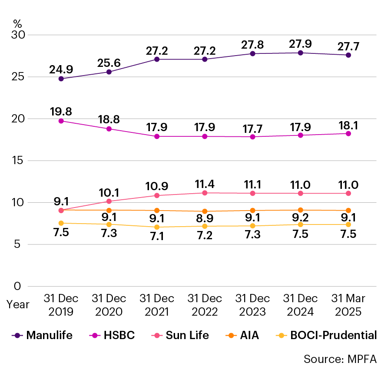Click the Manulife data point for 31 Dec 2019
[x=61, y=79]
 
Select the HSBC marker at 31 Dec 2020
[x=109, y=129]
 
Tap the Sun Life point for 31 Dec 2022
[x=205, y=193]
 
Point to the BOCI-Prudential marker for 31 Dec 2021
[x=157, y=227]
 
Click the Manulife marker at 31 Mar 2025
[x=348, y=55]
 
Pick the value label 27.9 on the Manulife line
[x=300, y=43]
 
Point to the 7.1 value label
[x=157, y=237]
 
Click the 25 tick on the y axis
[x=18, y=77]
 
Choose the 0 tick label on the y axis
[x=18, y=286]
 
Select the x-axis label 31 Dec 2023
[x=252, y=305]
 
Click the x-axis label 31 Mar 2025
[x=348, y=305]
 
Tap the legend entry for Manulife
[x=43, y=335]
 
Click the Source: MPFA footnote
[x=340, y=359]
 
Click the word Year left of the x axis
[x=18, y=304]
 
